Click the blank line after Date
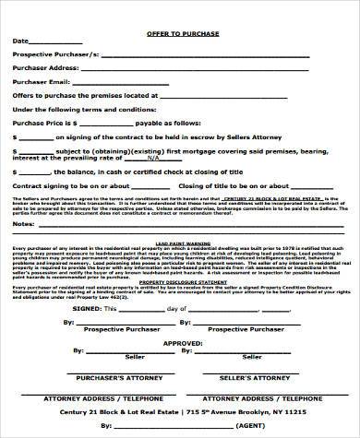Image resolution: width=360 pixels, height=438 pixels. tap(56, 41)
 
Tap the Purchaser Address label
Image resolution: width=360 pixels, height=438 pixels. tap(43, 68)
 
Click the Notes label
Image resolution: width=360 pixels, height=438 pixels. tap(23, 223)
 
